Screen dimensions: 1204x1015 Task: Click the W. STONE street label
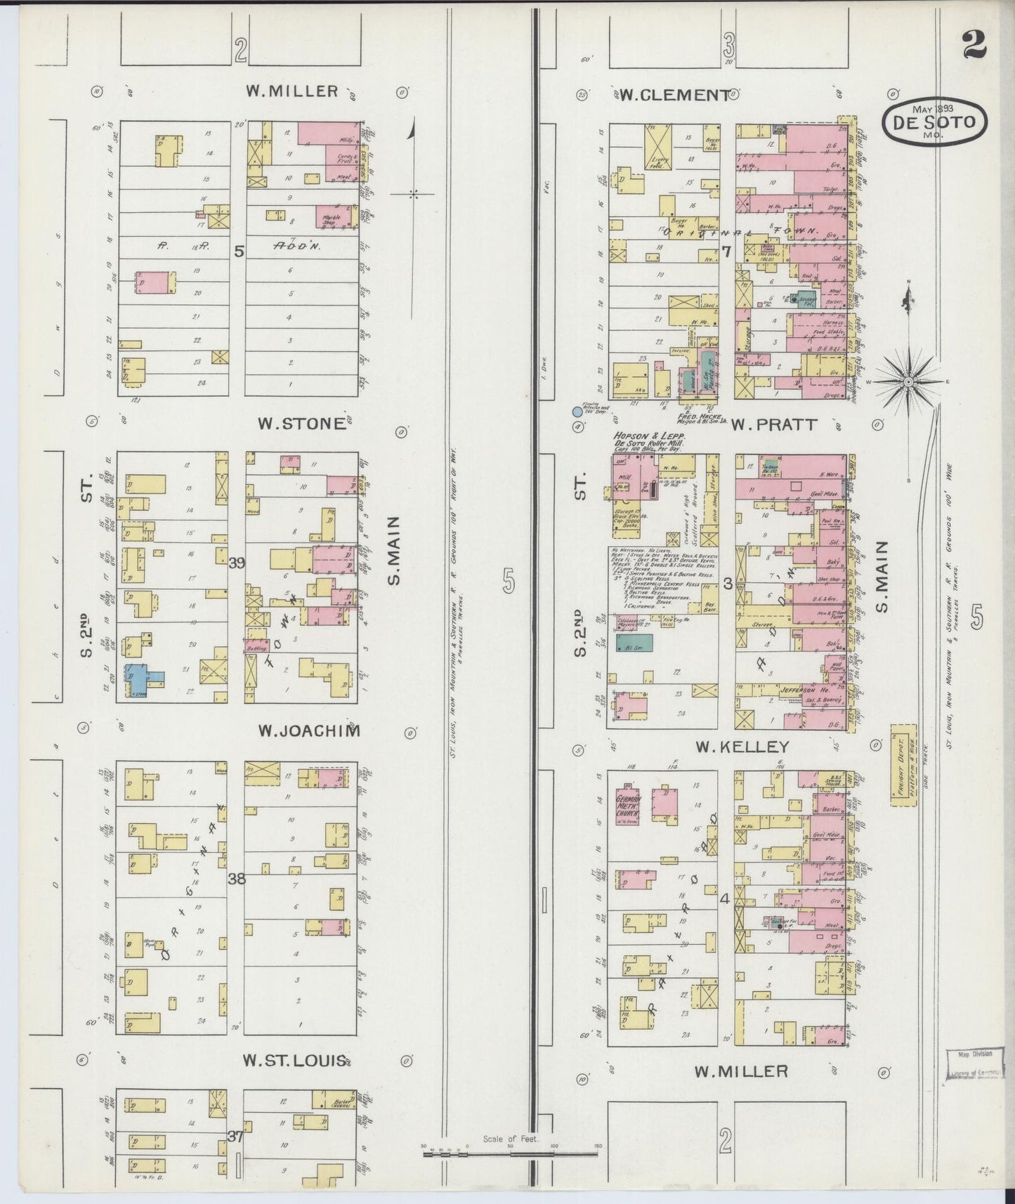[303, 424]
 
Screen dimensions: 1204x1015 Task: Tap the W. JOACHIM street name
[309, 731]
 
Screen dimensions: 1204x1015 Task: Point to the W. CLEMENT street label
[674, 95]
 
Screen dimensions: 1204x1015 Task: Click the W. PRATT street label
[773, 424]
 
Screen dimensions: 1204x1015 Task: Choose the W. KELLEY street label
[742, 747]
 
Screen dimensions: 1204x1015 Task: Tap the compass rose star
[908, 381]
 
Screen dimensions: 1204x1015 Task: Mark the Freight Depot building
[903, 765]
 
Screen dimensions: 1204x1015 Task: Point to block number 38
[237, 878]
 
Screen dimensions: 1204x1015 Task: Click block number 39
[237, 562]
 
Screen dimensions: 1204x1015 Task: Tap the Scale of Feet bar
[511, 1153]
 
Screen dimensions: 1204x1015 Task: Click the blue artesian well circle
[577, 412]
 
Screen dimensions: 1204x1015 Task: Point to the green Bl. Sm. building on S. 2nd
[634, 642]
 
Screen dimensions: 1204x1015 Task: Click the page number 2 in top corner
[974, 46]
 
